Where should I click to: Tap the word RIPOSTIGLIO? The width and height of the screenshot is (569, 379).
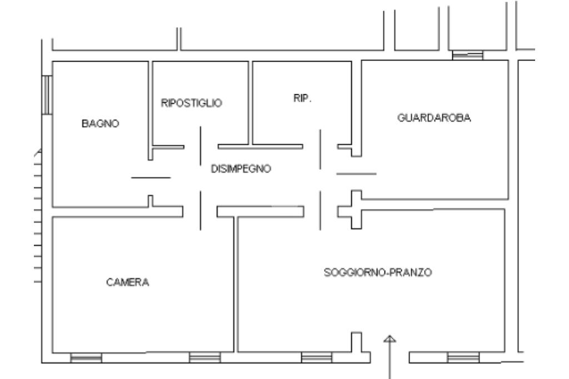point(192,103)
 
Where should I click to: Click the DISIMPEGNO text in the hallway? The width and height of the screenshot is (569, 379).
point(241,169)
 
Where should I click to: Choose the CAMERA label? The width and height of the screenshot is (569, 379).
point(128,282)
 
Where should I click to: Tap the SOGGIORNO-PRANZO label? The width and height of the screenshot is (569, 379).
point(378,272)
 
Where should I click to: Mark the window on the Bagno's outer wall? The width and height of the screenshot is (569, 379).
point(47,95)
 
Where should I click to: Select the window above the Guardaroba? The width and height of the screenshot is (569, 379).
point(467,55)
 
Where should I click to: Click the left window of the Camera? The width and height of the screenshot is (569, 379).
point(86,358)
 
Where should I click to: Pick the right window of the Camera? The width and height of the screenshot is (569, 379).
point(204,358)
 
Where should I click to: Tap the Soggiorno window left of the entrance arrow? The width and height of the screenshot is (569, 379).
point(316,358)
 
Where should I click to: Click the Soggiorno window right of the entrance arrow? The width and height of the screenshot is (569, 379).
point(463,357)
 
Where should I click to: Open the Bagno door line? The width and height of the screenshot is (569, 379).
point(151,178)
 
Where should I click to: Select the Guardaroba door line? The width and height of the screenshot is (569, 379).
point(356,174)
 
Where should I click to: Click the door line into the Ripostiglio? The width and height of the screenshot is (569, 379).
point(201,146)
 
